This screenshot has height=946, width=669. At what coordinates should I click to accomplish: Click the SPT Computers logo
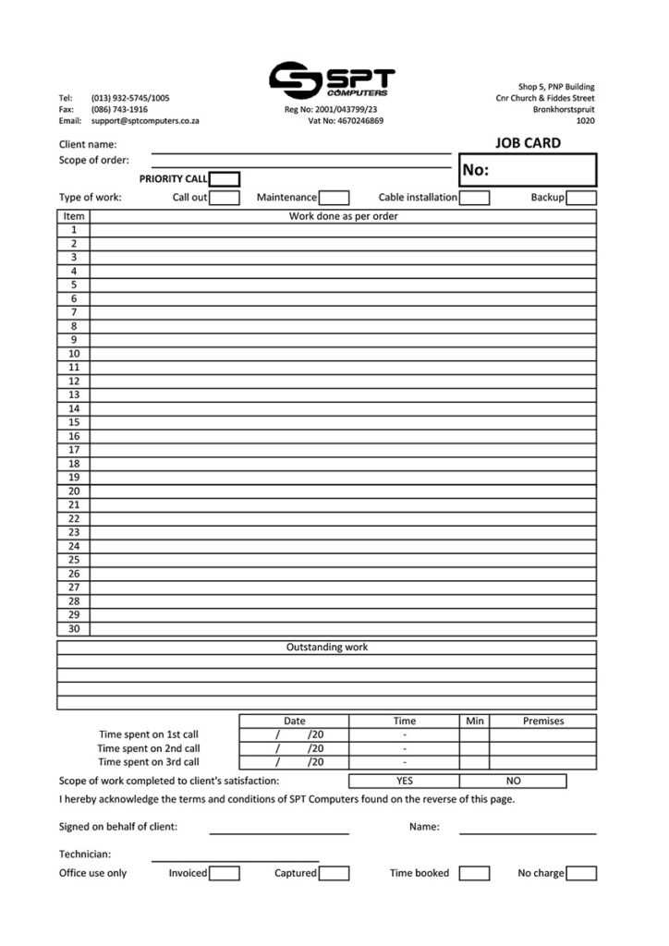point(332,80)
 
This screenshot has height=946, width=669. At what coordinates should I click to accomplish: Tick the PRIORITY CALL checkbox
point(225,179)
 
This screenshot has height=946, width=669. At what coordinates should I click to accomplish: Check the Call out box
point(225,198)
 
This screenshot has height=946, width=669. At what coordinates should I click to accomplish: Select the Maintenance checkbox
point(334,198)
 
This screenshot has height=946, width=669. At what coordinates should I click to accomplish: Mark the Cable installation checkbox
point(474,198)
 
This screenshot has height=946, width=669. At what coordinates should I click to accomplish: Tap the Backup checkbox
point(581,198)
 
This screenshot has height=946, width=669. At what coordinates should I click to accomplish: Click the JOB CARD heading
point(528,143)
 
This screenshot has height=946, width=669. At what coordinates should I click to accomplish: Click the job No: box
point(528,170)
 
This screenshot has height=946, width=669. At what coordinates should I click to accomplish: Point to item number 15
point(74,422)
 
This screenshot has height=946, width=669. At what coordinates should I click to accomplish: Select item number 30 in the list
point(74,629)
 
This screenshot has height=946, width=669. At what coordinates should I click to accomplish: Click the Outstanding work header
point(327,648)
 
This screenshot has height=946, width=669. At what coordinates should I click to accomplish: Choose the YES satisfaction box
point(404,781)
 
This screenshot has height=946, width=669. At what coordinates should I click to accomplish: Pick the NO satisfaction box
point(514,781)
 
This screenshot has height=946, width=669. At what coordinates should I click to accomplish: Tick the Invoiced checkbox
point(225,873)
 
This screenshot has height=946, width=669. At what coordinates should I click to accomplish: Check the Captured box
point(334,873)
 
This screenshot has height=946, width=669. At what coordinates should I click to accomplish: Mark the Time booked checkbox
point(474,873)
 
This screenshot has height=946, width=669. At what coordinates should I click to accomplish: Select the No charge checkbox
point(581,873)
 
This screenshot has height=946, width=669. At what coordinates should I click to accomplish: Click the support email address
point(145,121)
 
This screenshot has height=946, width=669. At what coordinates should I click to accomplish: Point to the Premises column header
point(542,722)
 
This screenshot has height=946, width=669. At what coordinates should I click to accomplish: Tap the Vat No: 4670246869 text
point(346,121)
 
